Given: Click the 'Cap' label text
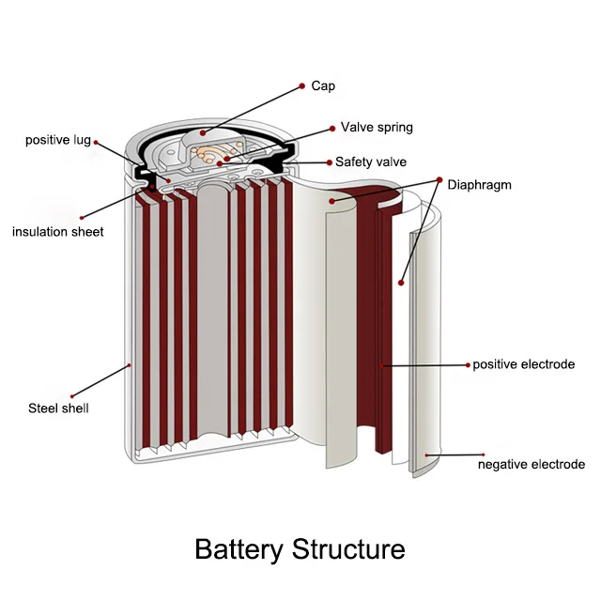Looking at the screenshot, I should pyautogui.click(x=322, y=85).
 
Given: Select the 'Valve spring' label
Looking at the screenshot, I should pyautogui.click(x=376, y=127).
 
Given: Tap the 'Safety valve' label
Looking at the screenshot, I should pyautogui.click(x=370, y=162).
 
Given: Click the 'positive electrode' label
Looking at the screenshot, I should pyautogui.click(x=523, y=364).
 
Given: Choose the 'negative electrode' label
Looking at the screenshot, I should pyautogui.click(x=531, y=465).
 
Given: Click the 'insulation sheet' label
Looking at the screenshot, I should pyautogui.click(x=57, y=232).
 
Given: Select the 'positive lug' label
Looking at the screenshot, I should pyautogui.click(x=57, y=141).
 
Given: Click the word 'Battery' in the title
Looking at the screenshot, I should pyautogui.click(x=239, y=549).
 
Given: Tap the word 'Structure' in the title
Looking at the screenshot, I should pyautogui.click(x=348, y=549).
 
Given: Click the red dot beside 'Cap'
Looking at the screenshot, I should pyautogui.click(x=300, y=85).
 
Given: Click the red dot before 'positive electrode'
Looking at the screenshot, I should pyautogui.click(x=467, y=364).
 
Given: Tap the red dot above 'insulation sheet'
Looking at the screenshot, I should pyautogui.click(x=83, y=217).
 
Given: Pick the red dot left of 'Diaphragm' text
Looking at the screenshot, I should pyautogui.click(x=439, y=179).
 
